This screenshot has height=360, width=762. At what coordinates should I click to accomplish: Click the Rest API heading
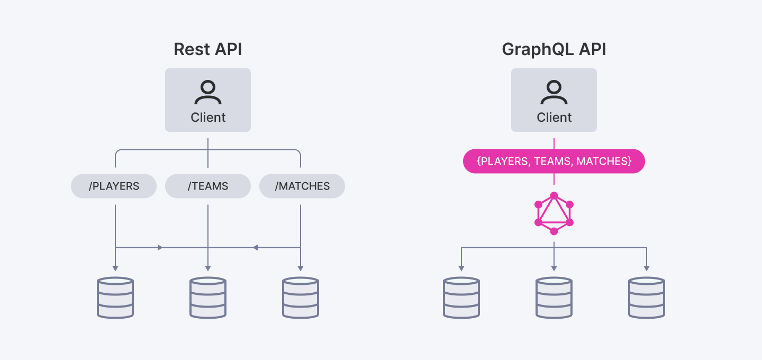(x=208, y=50)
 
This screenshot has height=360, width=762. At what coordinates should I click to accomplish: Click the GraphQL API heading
(x=554, y=50)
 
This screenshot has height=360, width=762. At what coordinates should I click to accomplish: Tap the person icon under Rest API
(x=208, y=93)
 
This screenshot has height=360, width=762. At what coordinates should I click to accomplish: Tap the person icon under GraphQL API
(x=554, y=93)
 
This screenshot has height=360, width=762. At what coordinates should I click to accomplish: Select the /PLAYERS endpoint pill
(x=114, y=186)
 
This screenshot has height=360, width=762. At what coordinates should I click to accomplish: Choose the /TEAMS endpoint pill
(x=208, y=186)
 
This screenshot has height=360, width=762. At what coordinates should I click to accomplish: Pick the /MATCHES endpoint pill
(x=302, y=186)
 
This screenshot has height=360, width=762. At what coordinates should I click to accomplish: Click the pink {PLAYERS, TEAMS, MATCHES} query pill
(x=554, y=161)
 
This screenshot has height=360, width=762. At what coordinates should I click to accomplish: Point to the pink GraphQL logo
(x=554, y=213)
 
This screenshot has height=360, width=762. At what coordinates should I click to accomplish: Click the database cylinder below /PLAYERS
(x=115, y=298)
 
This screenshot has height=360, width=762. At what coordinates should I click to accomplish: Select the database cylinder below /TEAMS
(x=208, y=298)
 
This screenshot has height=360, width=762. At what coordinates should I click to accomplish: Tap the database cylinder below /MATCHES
(x=301, y=298)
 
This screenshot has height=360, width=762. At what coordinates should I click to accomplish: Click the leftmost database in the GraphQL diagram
(x=461, y=298)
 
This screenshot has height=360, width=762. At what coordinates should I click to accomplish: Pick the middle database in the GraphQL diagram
(x=554, y=298)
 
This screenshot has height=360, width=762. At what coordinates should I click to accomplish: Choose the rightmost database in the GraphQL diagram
(x=647, y=298)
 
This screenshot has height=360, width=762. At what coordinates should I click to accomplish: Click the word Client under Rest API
(x=208, y=118)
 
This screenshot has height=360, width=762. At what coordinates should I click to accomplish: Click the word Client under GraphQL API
(x=554, y=118)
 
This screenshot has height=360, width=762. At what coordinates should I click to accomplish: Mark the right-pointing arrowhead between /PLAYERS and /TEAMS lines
(x=160, y=247)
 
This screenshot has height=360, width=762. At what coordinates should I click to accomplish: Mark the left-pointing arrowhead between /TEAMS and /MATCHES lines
(x=255, y=247)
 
